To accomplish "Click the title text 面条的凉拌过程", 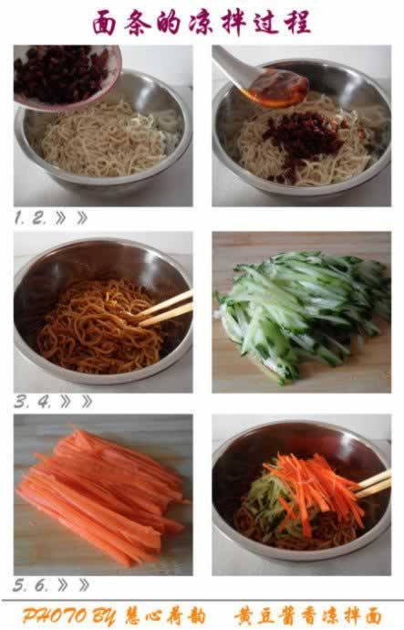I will pyautogui.click(x=202, y=22).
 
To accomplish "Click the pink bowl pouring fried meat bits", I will pyautogui.click(x=64, y=74).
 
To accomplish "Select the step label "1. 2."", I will pyautogui.click(x=30, y=218).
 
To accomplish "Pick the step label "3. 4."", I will pyautogui.click(x=31, y=401).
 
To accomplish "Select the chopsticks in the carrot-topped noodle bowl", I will pyautogui.click(x=374, y=485).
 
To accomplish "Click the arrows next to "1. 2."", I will pyautogui.click(x=74, y=218).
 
